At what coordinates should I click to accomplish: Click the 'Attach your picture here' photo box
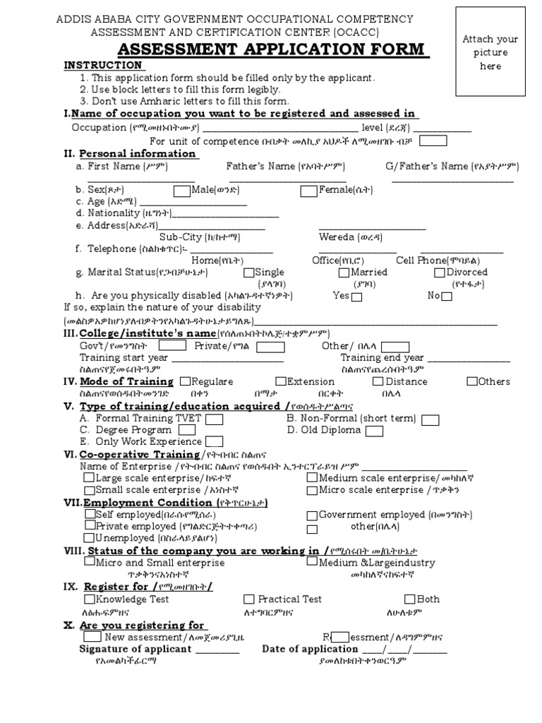click(x=490, y=52)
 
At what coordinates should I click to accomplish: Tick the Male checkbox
click(x=181, y=190)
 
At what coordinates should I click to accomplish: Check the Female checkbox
click(x=308, y=190)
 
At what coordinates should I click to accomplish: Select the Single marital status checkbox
click(x=248, y=273)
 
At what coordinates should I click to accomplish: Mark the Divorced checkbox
click(x=439, y=273)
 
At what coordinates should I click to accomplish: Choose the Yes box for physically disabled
click(x=357, y=297)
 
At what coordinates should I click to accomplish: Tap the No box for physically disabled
click(x=447, y=297)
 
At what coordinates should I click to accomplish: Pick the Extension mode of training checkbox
click(x=281, y=381)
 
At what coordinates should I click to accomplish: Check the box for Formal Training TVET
click(x=215, y=419)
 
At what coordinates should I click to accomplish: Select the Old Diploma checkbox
click(x=375, y=431)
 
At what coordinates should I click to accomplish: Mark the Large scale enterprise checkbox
click(x=89, y=478)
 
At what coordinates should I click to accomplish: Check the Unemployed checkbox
click(x=90, y=537)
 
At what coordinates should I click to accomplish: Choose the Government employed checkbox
click(x=312, y=515)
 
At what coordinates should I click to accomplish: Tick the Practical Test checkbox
click(x=249, y=599)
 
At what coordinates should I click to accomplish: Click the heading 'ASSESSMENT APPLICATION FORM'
click(x=272, y=49)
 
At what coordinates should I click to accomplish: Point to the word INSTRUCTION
click(x=104, y=65)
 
